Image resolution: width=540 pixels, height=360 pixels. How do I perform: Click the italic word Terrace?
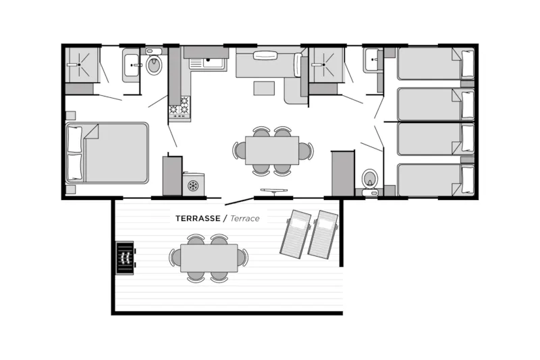point(245,218)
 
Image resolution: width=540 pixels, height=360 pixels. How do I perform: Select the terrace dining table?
point(209,257)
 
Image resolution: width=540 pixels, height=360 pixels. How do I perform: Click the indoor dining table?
point(272,150)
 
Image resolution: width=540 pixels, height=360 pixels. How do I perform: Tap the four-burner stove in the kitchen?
point(179,107)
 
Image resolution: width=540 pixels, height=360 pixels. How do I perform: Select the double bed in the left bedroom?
point(108,153)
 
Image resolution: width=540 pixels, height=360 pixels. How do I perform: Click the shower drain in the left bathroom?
point(80,65)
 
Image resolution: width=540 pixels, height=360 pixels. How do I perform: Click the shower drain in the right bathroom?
point(327,66)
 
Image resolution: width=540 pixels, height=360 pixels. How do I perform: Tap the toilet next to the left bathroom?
point(154,66)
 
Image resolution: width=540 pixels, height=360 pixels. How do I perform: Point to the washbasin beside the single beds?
point(373,61)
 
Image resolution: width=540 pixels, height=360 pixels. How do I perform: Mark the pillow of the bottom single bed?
point(467,180)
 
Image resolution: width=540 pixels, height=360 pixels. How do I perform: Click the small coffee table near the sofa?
point(265,88)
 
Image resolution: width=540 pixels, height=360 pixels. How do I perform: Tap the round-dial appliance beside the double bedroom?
point(194,184)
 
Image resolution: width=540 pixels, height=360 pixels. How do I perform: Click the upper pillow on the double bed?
point(74,139)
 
